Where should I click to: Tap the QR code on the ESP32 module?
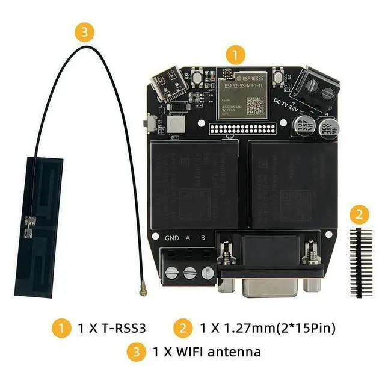[255, 105]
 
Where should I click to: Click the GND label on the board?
[172, 238]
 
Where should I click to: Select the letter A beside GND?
[188, 238]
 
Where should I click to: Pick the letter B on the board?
[203, 238]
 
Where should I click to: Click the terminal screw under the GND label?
[171, 273]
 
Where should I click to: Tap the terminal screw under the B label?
[206, 273]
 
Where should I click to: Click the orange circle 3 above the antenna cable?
[87, 32]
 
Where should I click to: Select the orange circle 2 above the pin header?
[359, 214]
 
